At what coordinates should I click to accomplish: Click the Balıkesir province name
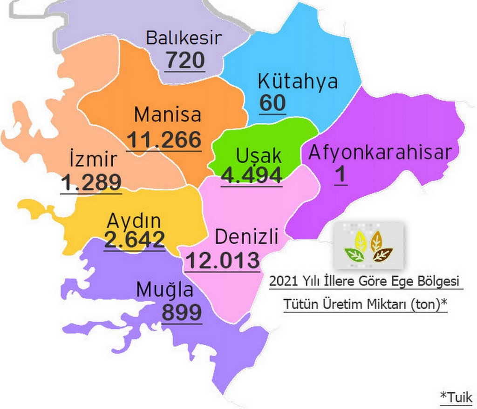pyautogui.click(x=184, y=38)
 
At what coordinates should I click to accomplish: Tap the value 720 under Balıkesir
pyautogui.click(x=185, y=60)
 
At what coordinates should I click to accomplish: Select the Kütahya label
pyautogui.click(x=298, y=82)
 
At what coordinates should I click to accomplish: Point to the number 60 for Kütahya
pyautogui.click(x=273, y=103)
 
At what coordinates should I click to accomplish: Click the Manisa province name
pyautogui.click(x=168, y=114)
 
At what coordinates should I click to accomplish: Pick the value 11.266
pyautogui.click(x=164, y=140)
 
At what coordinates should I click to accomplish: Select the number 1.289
pyautogui.click(x=91, y=183)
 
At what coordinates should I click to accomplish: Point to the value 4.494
pyautogui.click(x=252, y=175)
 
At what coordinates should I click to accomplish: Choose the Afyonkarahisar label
pyautogui.click(x=380, y=153)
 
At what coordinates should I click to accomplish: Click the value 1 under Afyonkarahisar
pyautogui.click(x=341, y=175)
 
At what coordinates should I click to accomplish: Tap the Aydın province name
pyautogui.click(x=134, y=220)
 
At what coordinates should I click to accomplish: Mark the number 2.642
pyautogui.click(x=134, y=240)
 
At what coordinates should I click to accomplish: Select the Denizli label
pyautogui.click(x=246, y=237)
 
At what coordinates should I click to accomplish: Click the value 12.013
pyautogui.click(x=222, y=261)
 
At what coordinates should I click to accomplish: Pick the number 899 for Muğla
pyautogui.click(x=182, y=313)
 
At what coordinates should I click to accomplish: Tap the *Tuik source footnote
pyautogui.click(x=456, y=397)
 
